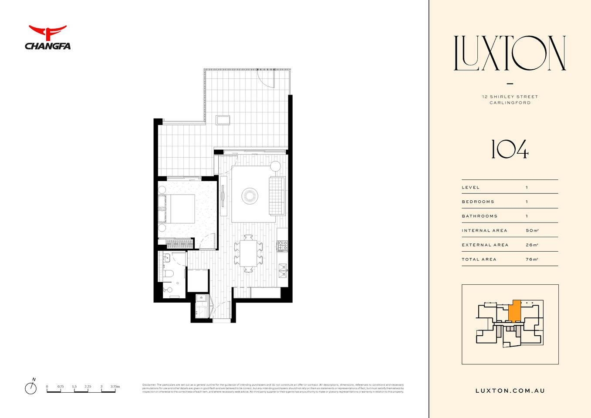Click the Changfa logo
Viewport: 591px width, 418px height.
tap(47, 37)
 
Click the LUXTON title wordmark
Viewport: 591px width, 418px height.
tap(510, 54)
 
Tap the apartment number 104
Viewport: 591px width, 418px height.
tap(510, 149)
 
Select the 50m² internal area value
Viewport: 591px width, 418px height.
tap(532, 230)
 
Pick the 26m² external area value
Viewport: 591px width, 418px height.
tap(532, 245)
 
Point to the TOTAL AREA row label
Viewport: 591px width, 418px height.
tap(479, 259)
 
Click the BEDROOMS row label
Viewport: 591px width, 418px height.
tap(478, 202)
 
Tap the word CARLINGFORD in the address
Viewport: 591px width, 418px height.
tap(510, 103)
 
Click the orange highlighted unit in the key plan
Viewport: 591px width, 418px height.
tap(514, 312)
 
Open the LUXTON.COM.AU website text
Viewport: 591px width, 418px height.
tap(510, 391)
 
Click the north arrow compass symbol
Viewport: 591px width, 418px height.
tap(30, 387)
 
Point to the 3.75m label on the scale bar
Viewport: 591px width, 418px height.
tap(115, 386)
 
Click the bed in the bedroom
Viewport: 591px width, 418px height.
tap(179, 209)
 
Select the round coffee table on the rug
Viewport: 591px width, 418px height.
tap(250, 195)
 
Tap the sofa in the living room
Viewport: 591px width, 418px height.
tap(277, 196)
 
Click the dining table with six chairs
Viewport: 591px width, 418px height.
tap(248, 253)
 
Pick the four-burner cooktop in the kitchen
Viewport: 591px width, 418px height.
tap(282, 246)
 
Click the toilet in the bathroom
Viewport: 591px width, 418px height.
tap(169, 274)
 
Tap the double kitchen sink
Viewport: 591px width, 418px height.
tap(283, 270)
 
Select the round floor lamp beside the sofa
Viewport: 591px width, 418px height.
tap(275, 166)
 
